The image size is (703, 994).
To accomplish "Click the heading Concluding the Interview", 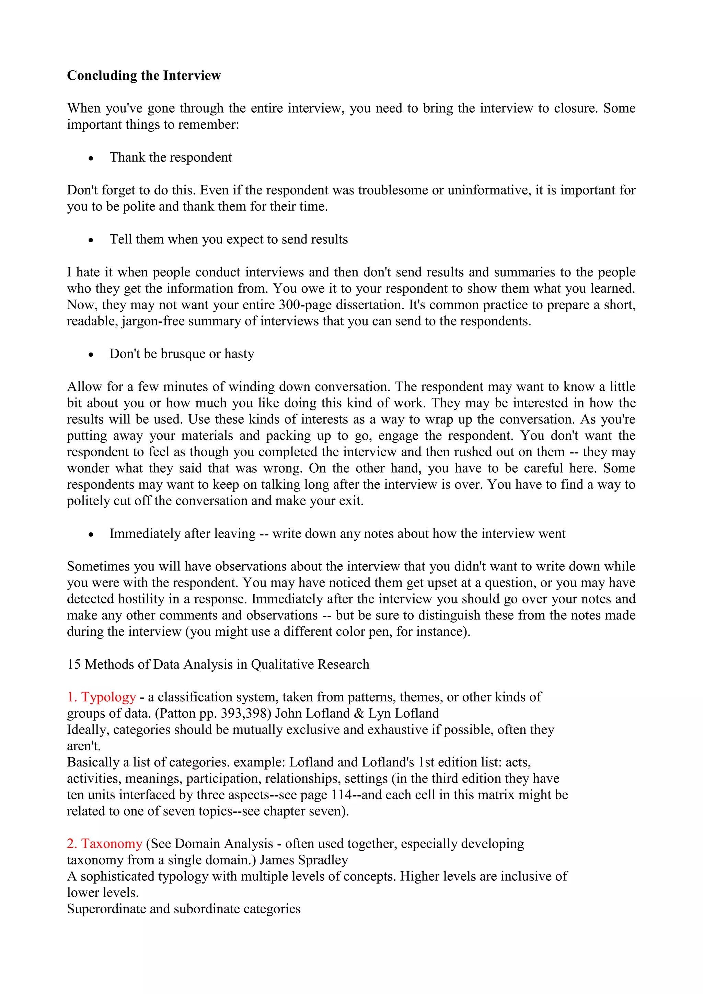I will coord(144,76).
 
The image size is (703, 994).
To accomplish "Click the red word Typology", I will coord(109,697).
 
